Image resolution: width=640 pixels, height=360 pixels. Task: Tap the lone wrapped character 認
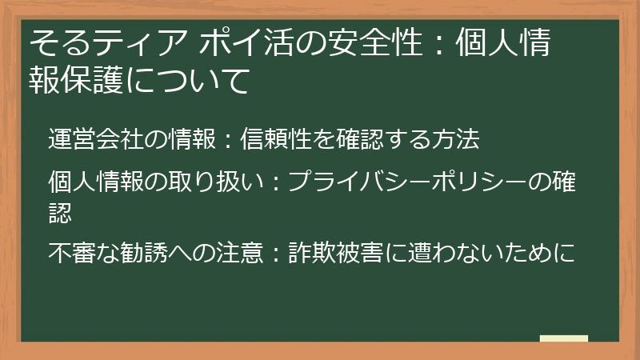click(60, 210)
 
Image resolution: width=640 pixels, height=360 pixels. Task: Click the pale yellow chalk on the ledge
click(563, 338)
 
